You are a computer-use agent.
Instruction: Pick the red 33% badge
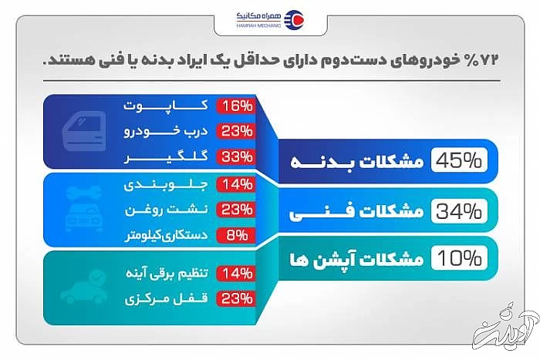(x=236, y=156)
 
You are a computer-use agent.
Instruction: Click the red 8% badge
(x=236, y=234)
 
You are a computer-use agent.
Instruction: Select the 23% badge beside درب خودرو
(x=236, y=131)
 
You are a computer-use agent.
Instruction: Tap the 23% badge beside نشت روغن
(x=236, y=210)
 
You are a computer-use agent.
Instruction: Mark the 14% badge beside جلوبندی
(x=236, y=185)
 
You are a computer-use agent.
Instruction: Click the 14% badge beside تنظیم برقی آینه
(x=236, y=273)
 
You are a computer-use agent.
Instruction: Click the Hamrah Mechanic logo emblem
(x=294, y=19)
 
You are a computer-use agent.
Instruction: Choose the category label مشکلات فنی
(x=363, y=210)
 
